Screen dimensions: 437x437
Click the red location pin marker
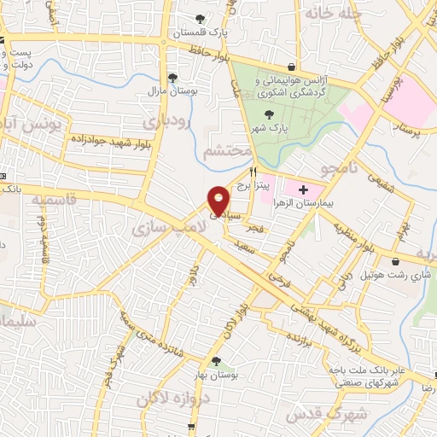218,200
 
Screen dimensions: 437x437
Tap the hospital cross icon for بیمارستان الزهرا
303,187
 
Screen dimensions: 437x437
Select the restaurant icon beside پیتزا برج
253,170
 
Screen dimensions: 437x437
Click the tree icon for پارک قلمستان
201,19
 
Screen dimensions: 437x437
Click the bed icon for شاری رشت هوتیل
398,262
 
